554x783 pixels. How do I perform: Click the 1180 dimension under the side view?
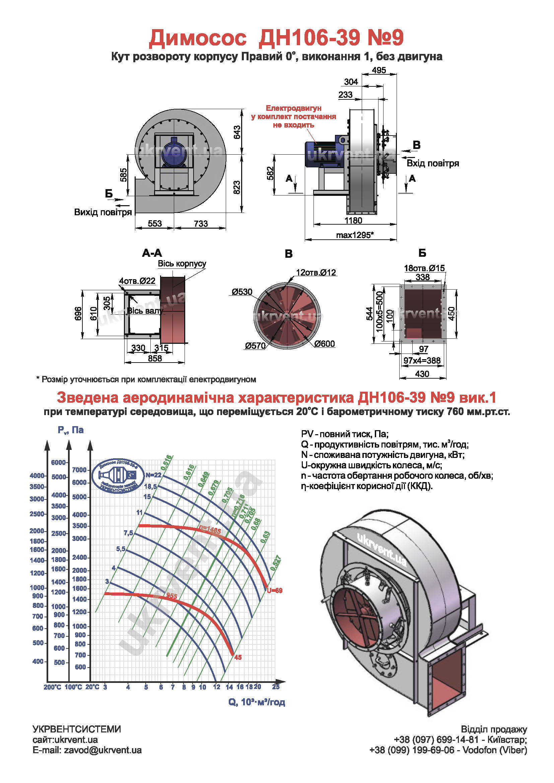353,220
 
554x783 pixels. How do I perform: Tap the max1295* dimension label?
355,235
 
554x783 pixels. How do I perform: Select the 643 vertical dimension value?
237,132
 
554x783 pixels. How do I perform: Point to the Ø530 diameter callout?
242,292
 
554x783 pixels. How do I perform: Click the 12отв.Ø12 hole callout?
316,272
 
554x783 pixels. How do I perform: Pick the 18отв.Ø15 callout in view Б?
424,268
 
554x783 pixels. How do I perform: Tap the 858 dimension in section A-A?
155,359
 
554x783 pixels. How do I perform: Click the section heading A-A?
152,253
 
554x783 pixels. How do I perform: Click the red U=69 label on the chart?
275,591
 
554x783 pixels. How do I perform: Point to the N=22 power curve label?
153,475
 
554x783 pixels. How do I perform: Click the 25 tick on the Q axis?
276,687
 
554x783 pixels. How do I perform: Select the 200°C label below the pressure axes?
52,687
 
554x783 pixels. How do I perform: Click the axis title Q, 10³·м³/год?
257,702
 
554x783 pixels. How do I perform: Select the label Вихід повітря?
103,212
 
